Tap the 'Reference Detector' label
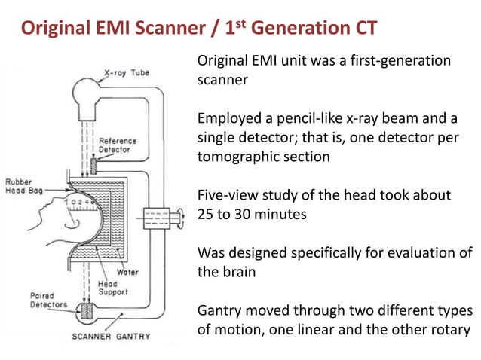coord(115,145)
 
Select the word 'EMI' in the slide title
coord(121,29)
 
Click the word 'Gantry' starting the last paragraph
coord(219,310)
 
